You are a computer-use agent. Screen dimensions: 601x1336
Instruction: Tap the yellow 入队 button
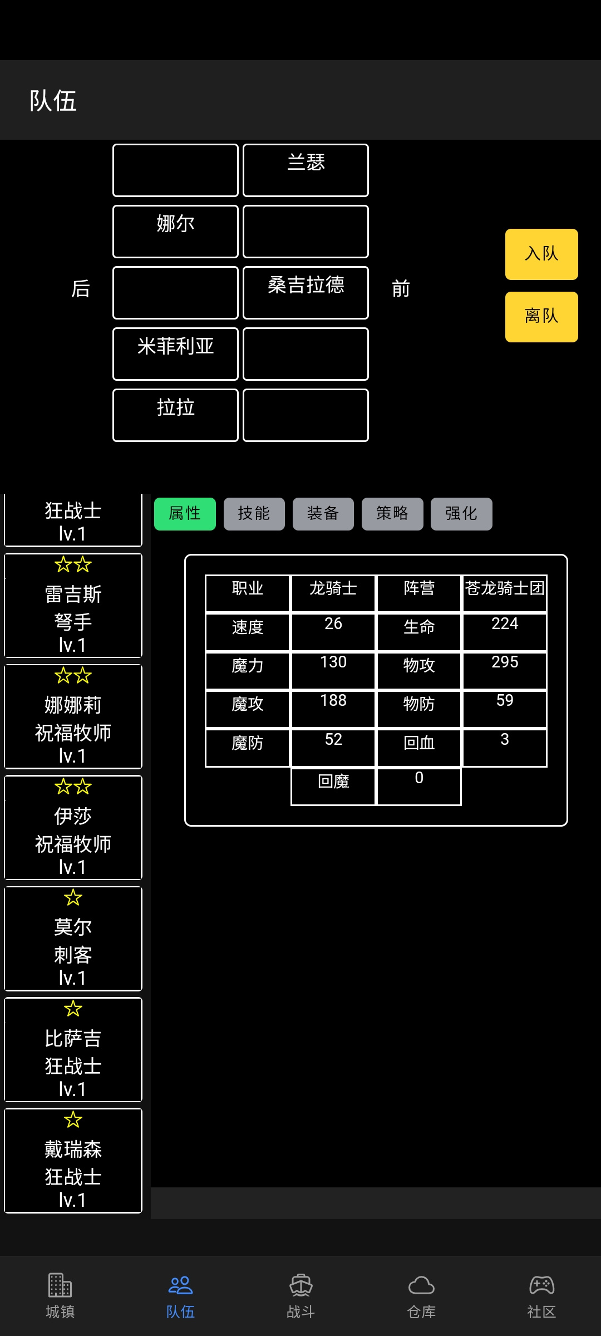[x=541, y=254]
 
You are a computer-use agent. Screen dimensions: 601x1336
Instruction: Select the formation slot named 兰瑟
[x=306, y=170]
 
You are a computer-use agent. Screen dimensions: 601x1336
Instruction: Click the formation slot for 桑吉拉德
[x=306, y=293]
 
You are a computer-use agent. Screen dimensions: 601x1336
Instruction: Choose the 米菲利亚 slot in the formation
[x=175, y=354]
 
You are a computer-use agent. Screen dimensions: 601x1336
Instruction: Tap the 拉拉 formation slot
[x=175, y=415]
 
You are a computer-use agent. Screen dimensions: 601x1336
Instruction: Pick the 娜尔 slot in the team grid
[x=175, y=232]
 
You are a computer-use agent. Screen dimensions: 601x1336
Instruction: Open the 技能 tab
[x=254, y=514]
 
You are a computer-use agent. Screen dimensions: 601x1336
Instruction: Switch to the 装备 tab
[x=323, y=514]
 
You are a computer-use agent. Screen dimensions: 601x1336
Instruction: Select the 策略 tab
[x=392, y=514]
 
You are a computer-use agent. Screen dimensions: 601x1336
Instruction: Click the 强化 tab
[x=461, y=514]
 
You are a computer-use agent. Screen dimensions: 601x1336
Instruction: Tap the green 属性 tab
[x=185, y=514]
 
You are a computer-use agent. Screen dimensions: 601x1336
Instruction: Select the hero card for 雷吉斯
[x=73, y=605]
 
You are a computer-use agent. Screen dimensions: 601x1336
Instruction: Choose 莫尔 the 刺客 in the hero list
[x=73, y=939]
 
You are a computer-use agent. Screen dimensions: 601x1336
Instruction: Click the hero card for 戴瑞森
[x=73, y=1161]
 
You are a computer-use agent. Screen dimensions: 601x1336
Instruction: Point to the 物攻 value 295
[x=505, y=662]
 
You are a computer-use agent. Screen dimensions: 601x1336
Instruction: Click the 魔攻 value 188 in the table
[x=333, y=700]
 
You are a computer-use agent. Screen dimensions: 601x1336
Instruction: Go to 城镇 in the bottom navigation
[x=60, y=1296]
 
